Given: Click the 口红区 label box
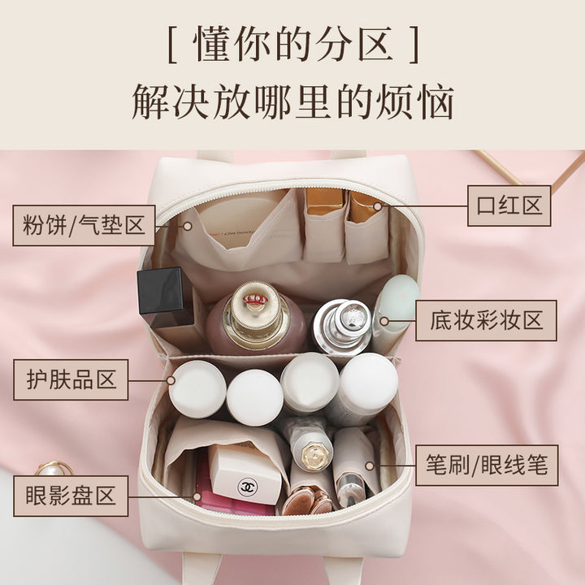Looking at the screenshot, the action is [509, 206].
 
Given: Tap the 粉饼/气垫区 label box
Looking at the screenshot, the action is [84, 225].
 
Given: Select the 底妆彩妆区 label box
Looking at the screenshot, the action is [486, 320].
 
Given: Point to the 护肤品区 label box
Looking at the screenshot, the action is [71, 379].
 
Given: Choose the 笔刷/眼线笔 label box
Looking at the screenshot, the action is [487, 465].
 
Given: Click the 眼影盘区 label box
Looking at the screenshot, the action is [71, 496].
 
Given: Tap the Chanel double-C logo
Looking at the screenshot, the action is [246, 487].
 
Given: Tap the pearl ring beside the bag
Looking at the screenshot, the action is [55, 469].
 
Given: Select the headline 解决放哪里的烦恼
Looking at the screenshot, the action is [292, 102].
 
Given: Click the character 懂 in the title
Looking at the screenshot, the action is [212, 44].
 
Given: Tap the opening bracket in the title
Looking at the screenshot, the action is [172, 44].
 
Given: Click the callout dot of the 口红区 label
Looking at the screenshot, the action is [378, 206].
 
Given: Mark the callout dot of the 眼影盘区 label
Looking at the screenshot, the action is [197, 497].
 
